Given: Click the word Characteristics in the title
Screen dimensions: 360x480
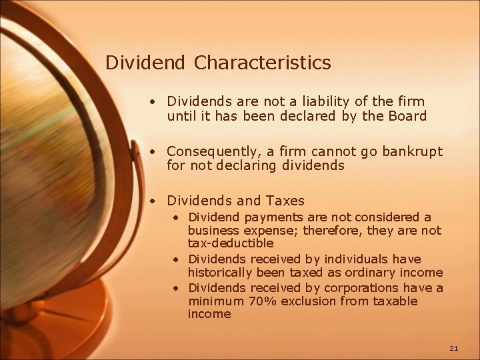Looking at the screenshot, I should pos(263,63).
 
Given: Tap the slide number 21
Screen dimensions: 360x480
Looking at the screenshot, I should pos(454,348).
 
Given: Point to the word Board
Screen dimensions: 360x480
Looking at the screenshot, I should pos(407,116).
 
